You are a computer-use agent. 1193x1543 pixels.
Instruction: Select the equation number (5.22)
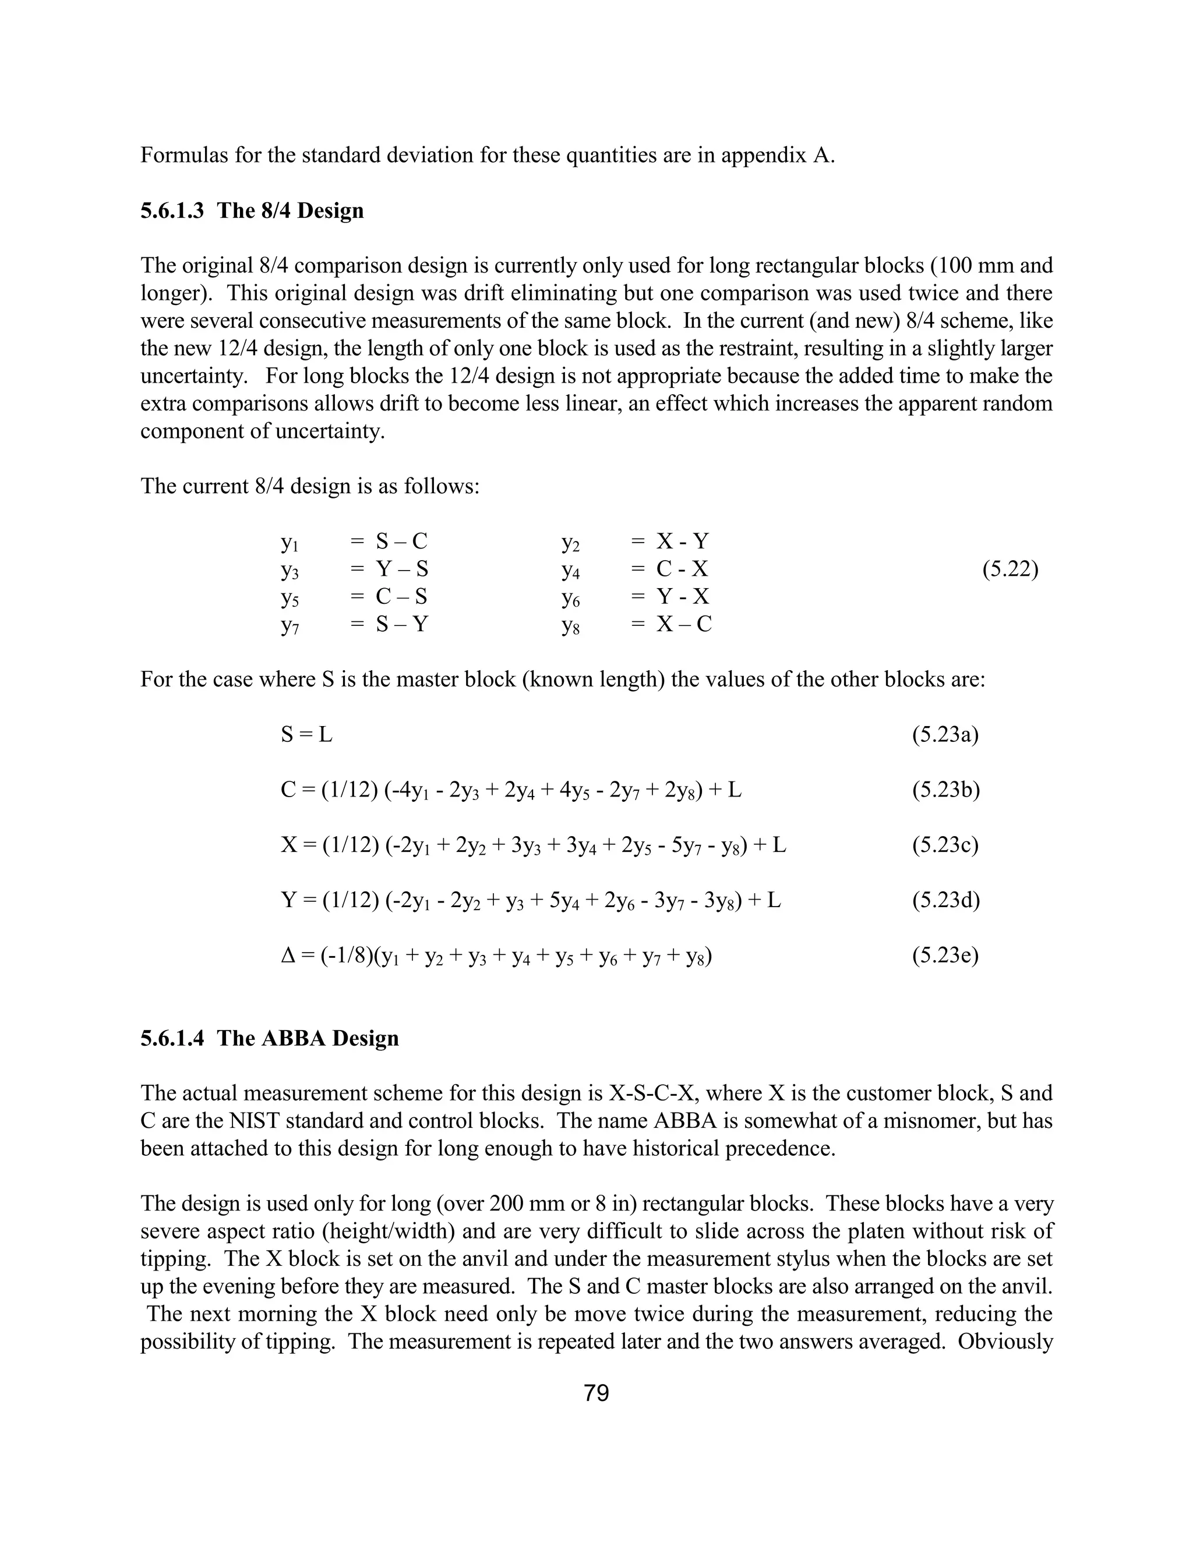pos(1010,569)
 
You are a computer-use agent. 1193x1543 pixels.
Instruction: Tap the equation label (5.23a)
pos(945,735)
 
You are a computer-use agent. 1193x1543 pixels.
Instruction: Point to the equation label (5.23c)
pos(945,845)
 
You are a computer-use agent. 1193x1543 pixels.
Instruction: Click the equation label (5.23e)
pos(945,956)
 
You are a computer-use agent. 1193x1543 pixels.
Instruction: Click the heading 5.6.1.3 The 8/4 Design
pos(252,211)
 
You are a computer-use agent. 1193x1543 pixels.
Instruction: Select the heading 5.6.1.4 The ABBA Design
pos(269,1038)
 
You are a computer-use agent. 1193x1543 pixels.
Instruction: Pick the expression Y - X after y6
pos(683,597)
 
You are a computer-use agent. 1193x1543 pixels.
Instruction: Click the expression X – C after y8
pos(684,625)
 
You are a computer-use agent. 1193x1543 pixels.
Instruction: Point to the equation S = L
pos(306,735)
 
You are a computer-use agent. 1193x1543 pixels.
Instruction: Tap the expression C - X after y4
pos(682,569)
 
